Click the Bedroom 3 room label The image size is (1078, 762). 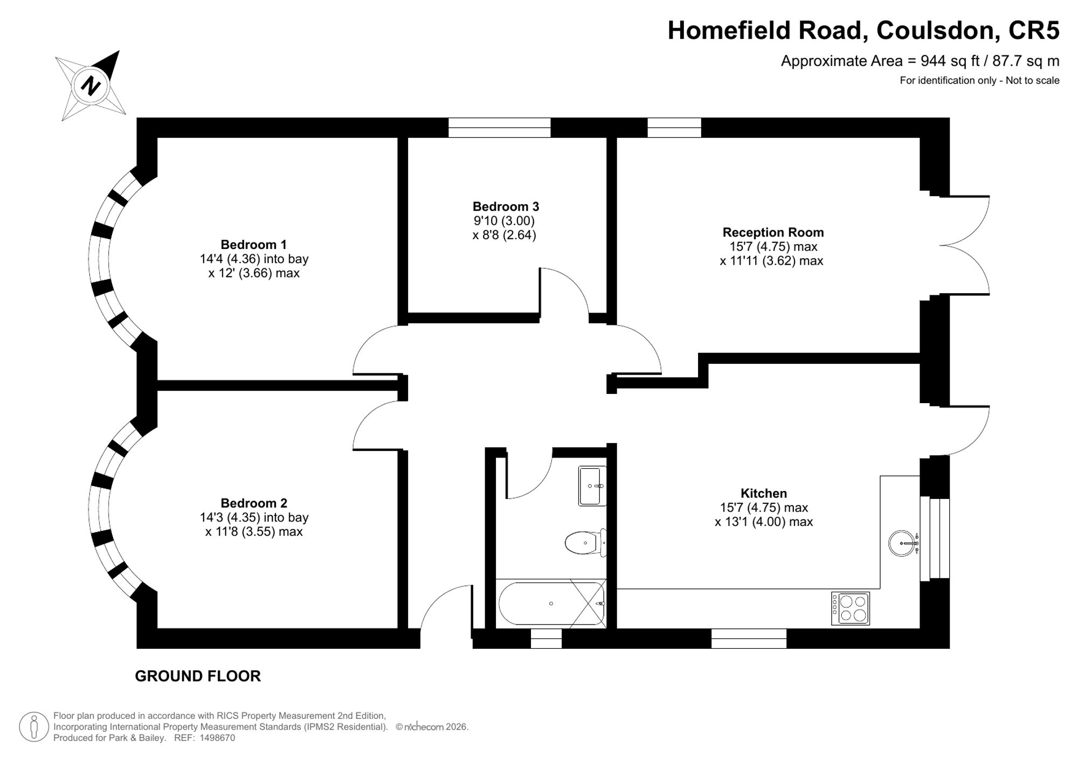pyautogui.click(x=506, y=206)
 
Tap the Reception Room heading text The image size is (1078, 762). pyautogui.click(x=773, y=232)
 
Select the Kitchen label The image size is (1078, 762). pyautogui.click(x=763, y=493)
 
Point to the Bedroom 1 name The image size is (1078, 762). pyautogui.click(x=254, y=245)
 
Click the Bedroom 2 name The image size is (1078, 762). pyautogui.click(x=254, y=503)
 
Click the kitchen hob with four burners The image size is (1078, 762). pyautogui.click(x=851, y=608)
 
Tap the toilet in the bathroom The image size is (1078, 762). pyautogui.click(x=586, y=543)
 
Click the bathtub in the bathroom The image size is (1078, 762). pyautogui.click(x=551, y=604)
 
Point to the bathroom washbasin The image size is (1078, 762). pyautogui.click(x=592, y=486)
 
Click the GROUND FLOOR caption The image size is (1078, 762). pyautogui.click(x=198, y=676)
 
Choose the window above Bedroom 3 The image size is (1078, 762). pyautogui.click(x=500, y=128)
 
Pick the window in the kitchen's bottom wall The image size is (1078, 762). pyautogui.click(x=749, y=639)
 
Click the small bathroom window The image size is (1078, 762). pyautogui.click(x=546, y=639)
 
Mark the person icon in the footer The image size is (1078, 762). pyautogui.click(x=34, y=727)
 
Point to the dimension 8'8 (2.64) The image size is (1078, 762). pyautogui.click(x=505, y=235)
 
